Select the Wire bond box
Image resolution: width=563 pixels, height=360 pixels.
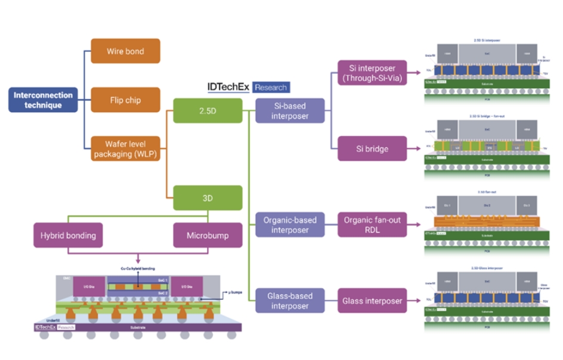pyautogui.click(x=125, y=51)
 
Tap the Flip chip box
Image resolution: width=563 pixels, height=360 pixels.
pyautogui.click(x=125, y=100)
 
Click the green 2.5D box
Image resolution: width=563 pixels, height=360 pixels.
pyautogui.click(x=208, y=110)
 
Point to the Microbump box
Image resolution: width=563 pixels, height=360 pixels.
pyautogui.click(x=208, y=235)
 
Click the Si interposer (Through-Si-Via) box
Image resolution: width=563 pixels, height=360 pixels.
pyautogui.click(x=372, y=73)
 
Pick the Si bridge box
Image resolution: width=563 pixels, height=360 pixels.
pyautogui.click(x=372, y=148)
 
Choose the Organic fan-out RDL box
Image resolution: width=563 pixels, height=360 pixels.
pyautogui.click(x=372, y=225)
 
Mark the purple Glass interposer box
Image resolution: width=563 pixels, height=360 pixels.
pyautogui.click(x=372, y=300)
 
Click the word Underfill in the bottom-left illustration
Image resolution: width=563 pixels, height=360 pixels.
pyautogui.click(x=44, y=320)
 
